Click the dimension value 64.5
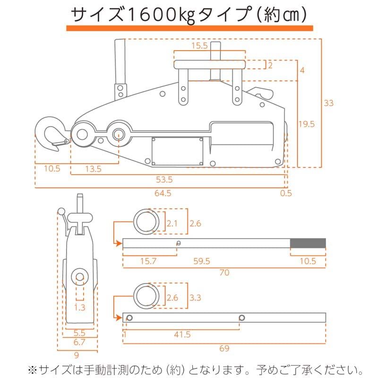pos(163,193)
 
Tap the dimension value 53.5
pos(163,180)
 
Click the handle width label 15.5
pos(200,46)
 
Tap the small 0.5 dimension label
pos(286,193)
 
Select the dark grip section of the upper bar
pos(308,243)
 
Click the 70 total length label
pos(224,273)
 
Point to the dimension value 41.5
pos(182,334)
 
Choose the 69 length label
pos(224,348)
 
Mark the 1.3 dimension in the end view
pos(80,308)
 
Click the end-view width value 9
pos(76,356)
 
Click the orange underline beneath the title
pos(189,29)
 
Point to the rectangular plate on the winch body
pos(177,151)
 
